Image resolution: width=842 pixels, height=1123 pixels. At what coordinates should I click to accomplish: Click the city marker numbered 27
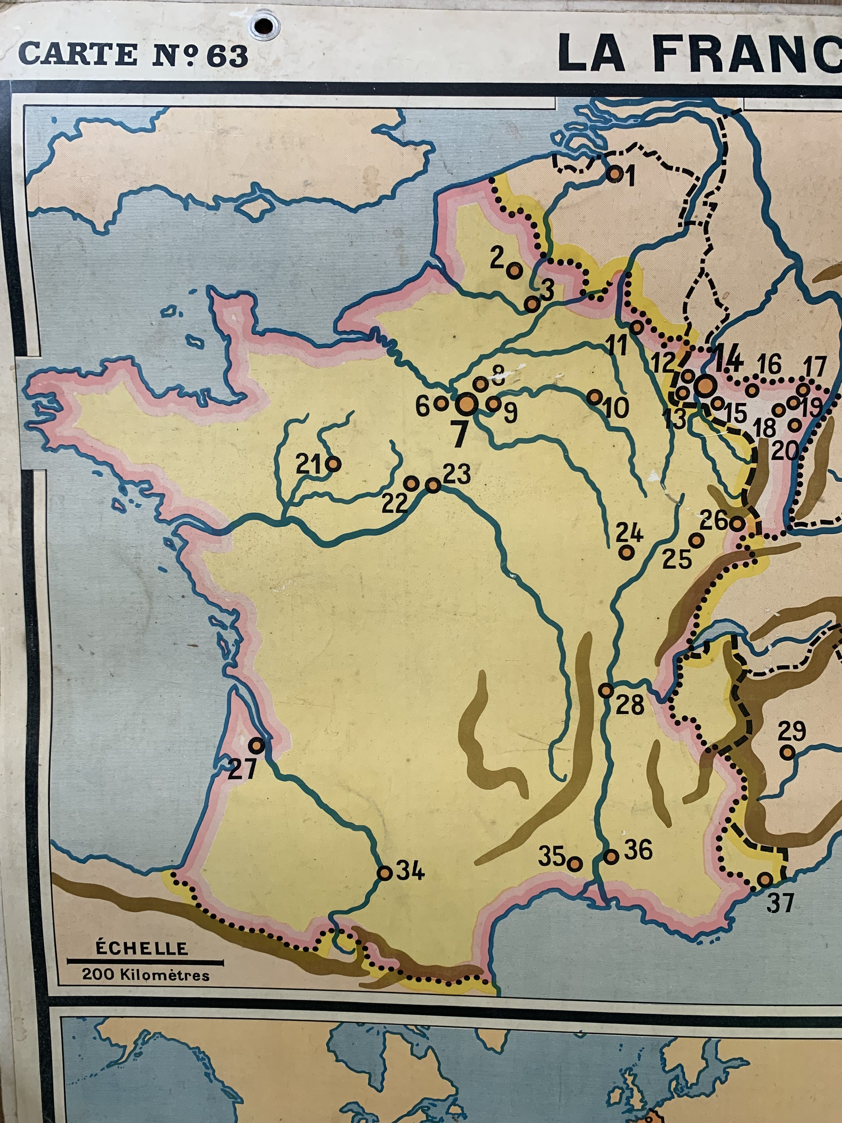[x=257, y=745]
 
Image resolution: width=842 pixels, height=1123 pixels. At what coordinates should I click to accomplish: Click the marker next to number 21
[x=334, y=463]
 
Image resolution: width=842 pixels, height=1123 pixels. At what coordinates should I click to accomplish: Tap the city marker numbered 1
[x=615, y=174]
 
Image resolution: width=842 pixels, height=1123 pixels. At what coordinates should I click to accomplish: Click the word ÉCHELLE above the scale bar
[x=142, y=948]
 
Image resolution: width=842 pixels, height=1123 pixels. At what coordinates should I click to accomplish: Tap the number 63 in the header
[x=227, y=56]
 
